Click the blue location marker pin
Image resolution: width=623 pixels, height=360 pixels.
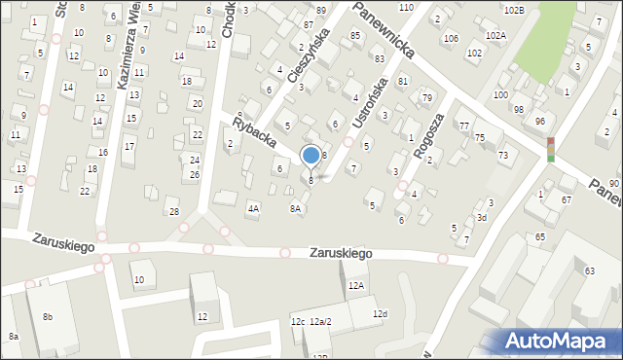(x=311, y=156)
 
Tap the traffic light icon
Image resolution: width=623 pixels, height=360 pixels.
(x=551, y=149)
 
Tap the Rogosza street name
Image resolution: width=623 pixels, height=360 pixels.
(x=428, y=134)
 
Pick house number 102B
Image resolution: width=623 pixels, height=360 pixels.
(x=514, y=10)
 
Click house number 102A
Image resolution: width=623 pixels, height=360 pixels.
(x=495, y=35)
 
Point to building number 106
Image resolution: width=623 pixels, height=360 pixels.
(x=450, y=39)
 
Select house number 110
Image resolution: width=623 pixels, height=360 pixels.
(x=406, y=7)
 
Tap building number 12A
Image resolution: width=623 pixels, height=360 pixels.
(x=356, y=285)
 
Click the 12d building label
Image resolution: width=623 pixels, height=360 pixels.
(x=380, y=313)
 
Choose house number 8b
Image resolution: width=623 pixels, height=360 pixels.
(x=47, y=317)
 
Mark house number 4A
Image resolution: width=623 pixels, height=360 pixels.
(x=253, y=208)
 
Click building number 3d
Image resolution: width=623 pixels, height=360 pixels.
(x=481, y=217)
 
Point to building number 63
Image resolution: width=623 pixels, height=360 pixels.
(x=589, y=270)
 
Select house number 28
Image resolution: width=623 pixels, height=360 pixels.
(x=173, y=211)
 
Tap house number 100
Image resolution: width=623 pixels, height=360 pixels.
(x=499, y=94)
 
